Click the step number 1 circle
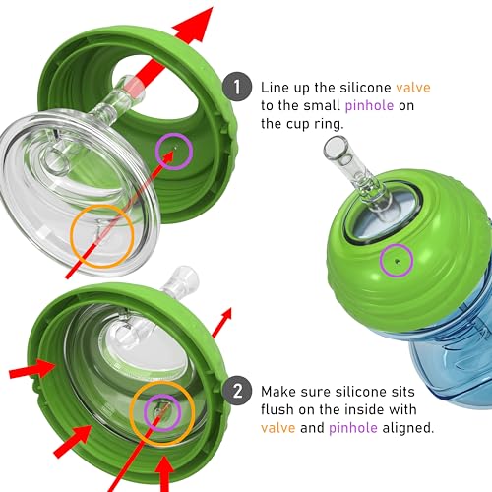click(x=237, y=87)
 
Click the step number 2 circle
click(x=237, y=391)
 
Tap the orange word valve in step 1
click(x=413, y=88)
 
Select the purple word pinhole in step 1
click(x=369, y=105)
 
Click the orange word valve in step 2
click(x=278, y=428)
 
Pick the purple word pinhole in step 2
click(x=353, y=428)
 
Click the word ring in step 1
click(x=329, y=124)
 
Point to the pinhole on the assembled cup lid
click(x=398, y=261)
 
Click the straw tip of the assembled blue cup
click(x=336, y=147)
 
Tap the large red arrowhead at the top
click(x=196, y=25)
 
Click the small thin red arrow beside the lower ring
click(x=222, y=323)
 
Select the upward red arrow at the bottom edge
click(x=164, y=474)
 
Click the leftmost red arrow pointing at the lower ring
click(x=32, y=369)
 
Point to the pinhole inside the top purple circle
click(x=176, y=148)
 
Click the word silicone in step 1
click(x=365, y=88)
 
